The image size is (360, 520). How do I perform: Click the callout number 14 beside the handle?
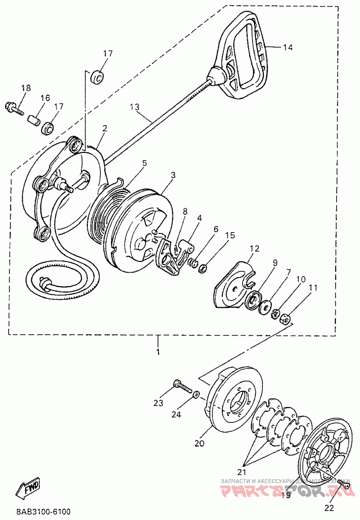[x=288, y=47]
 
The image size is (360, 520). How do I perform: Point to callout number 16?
[x=45, y=98]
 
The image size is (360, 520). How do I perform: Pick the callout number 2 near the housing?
[x=104, y=128]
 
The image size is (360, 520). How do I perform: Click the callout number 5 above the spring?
[x=144, y=163]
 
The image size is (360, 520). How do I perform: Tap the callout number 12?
[x=255, y=248]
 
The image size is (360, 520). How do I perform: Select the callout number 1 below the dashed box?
[x=158, y=352]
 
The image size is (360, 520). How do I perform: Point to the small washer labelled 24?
[x=196, y=394]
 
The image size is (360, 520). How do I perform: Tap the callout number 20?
[x=199, y=444]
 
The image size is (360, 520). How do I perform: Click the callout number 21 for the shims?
[x=243, y=472]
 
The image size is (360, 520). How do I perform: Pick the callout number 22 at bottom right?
[x=329, y=508]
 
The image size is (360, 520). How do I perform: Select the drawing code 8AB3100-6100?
[x=43, y=512]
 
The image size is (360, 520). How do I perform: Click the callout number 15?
[x=230, y=235]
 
